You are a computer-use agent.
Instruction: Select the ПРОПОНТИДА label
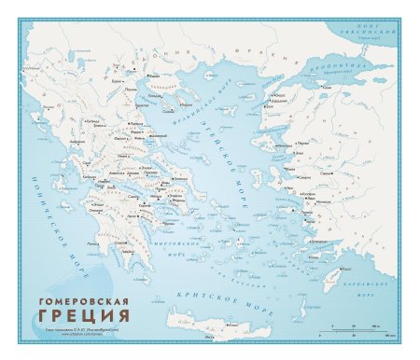pos(331,68)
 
